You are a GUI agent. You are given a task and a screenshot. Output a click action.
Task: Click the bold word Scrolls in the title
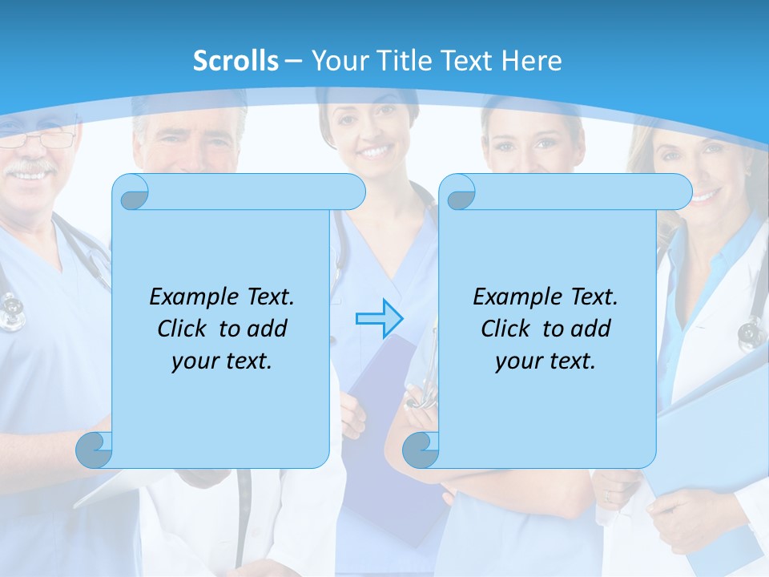pos(236,60)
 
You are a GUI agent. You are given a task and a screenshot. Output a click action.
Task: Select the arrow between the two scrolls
pos(379,318)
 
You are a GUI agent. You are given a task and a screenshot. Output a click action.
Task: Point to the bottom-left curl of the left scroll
pos(95,450)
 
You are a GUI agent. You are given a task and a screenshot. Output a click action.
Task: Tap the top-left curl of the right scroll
pos(459,192)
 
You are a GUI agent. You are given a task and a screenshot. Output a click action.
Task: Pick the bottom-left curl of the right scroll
pos(421,450)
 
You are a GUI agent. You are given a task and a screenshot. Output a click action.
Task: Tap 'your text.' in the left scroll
pos(222,361)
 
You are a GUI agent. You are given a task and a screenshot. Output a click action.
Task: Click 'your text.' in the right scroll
pos(545,361)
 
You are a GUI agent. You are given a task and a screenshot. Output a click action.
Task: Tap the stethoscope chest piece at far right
pos(751,331)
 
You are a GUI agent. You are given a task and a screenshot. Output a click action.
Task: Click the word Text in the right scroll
pos(593,297)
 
